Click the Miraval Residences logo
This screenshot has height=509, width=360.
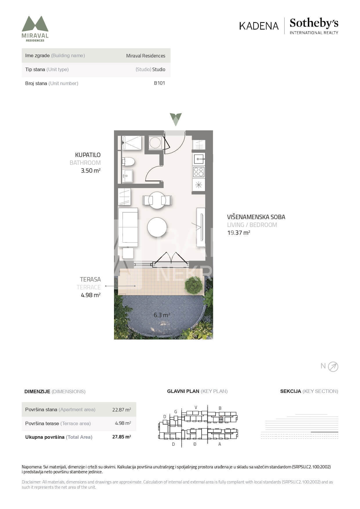click(35, 29)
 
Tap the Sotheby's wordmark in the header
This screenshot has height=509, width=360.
click(314, 23)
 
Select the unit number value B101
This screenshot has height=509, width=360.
click(159, 83)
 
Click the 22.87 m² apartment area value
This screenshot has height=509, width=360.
click(122, 409)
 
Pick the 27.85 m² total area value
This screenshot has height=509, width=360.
click(122, 437)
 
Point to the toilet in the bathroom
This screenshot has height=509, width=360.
click(128, 161)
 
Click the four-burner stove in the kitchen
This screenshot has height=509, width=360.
click(199, 172)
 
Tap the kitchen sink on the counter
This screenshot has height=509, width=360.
click(199, 159)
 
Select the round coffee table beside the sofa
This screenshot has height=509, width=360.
click(157, 227)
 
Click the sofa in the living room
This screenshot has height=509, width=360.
click(128, 227)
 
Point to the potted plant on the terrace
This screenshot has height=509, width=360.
click(193, 286)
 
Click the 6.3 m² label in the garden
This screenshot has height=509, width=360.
click(162, 315)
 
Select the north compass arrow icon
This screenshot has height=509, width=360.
click(333, 367)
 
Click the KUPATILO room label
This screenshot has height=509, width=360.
click(88, 155)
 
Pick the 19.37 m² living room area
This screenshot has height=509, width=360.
click(238, 232)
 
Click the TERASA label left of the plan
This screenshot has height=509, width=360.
click(90, 279)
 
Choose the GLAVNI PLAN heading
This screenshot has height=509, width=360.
click(183, 391)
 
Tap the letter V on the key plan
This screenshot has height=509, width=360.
click(196, 407)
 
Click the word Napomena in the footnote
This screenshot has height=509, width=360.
click(32, 467)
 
